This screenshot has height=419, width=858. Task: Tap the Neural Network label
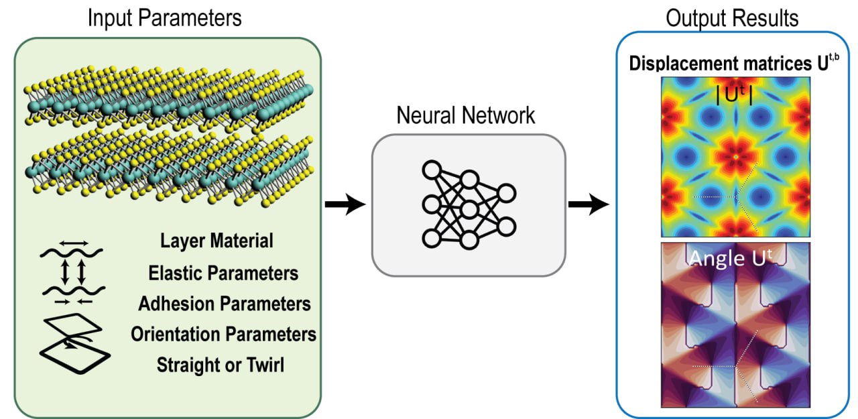coord(466,115)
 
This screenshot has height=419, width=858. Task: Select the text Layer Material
coord(217,241)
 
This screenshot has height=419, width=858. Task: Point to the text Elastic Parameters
coord(224,273)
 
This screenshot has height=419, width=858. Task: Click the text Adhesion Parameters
coord(225,304)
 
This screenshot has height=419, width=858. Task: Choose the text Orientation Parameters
coord(224,334)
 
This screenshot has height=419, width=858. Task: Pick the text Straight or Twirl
coord(221,365)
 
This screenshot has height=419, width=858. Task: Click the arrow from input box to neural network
coord(345,204)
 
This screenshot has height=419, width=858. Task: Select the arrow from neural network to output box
coord(589,204)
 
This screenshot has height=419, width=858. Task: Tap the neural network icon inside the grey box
coord(469,204)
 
